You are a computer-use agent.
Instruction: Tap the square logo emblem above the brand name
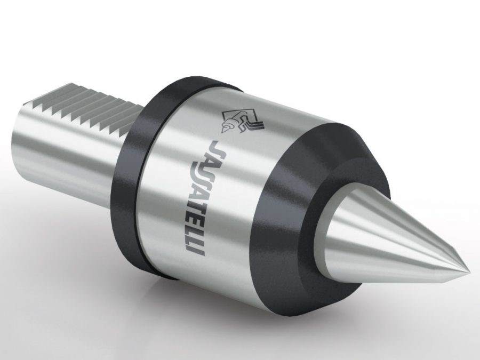(x=242, y=122)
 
